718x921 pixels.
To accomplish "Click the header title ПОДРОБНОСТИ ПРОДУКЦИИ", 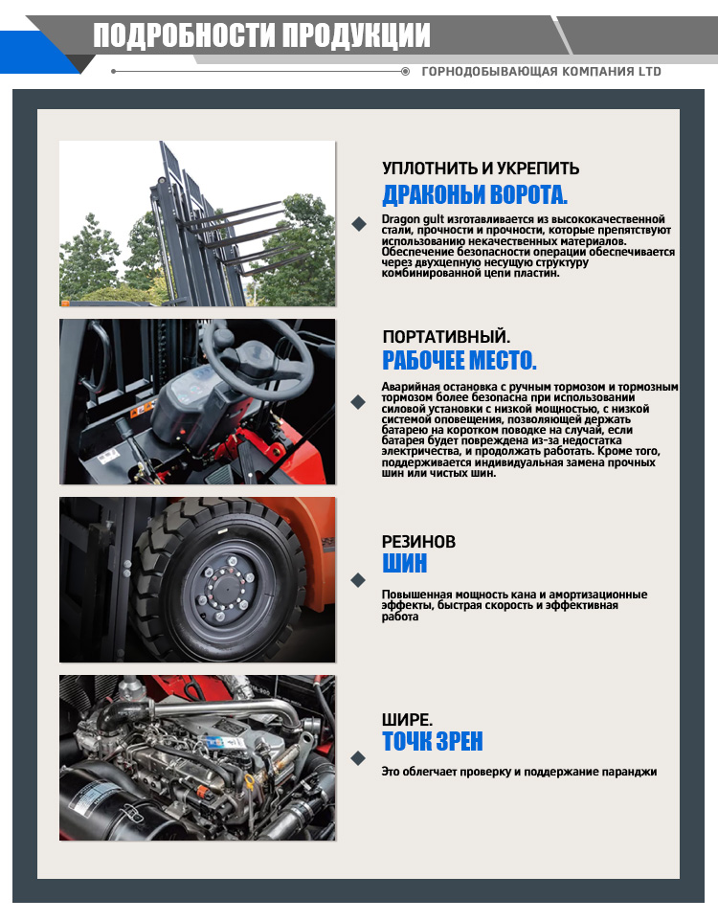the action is [x=261, y=35].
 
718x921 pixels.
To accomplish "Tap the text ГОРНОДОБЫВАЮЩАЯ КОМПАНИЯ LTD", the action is [x=541, y=72].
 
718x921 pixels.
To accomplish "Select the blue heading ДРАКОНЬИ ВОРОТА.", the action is [x=475, y=194].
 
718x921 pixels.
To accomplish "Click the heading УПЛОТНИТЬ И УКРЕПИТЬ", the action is [x=481, y=168].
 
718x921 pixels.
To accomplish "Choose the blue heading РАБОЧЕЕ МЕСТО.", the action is [x=460, y=360].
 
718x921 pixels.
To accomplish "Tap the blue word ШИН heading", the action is [x=405, y=563].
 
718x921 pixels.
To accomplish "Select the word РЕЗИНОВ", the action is [x=419, y=542].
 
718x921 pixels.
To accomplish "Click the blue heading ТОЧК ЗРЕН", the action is [x=433, y=741].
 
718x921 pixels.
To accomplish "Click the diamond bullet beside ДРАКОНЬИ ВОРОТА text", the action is [x=358, y=224].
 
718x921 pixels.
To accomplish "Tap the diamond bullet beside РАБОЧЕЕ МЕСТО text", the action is [x=358, y=402].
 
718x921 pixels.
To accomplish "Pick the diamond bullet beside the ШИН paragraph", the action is [x=358, y=580].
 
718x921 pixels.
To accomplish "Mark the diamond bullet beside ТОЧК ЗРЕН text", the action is [x=358, y=758].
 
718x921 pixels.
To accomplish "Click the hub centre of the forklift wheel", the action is [x=226, y=584].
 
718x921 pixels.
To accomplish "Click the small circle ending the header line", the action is [x=405, y=72].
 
